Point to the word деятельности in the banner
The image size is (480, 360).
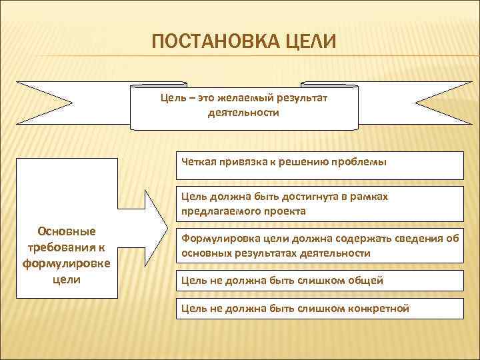243,113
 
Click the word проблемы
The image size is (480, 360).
363,162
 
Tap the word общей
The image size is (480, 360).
367,280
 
